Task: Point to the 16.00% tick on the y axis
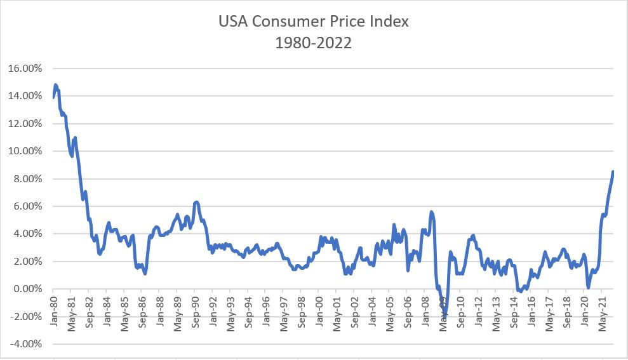tap(25, 69)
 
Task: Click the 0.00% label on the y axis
tap(28, 289)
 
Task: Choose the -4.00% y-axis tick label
tap(27, 344)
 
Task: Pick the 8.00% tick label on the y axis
tap(28, 179)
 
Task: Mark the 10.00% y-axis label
tap(25, 151)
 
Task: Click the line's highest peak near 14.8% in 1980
tap(56, 84)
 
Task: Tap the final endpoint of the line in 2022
tap(613, 171)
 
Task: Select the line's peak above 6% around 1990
tap(196, 202)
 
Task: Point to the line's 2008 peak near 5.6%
tap(432, 211)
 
